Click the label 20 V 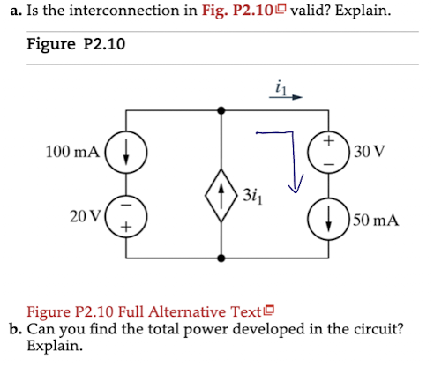click(87, 214)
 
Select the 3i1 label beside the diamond click(254, 194)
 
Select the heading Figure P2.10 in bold click(76, 43)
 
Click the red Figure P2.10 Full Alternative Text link click(151, 312)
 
